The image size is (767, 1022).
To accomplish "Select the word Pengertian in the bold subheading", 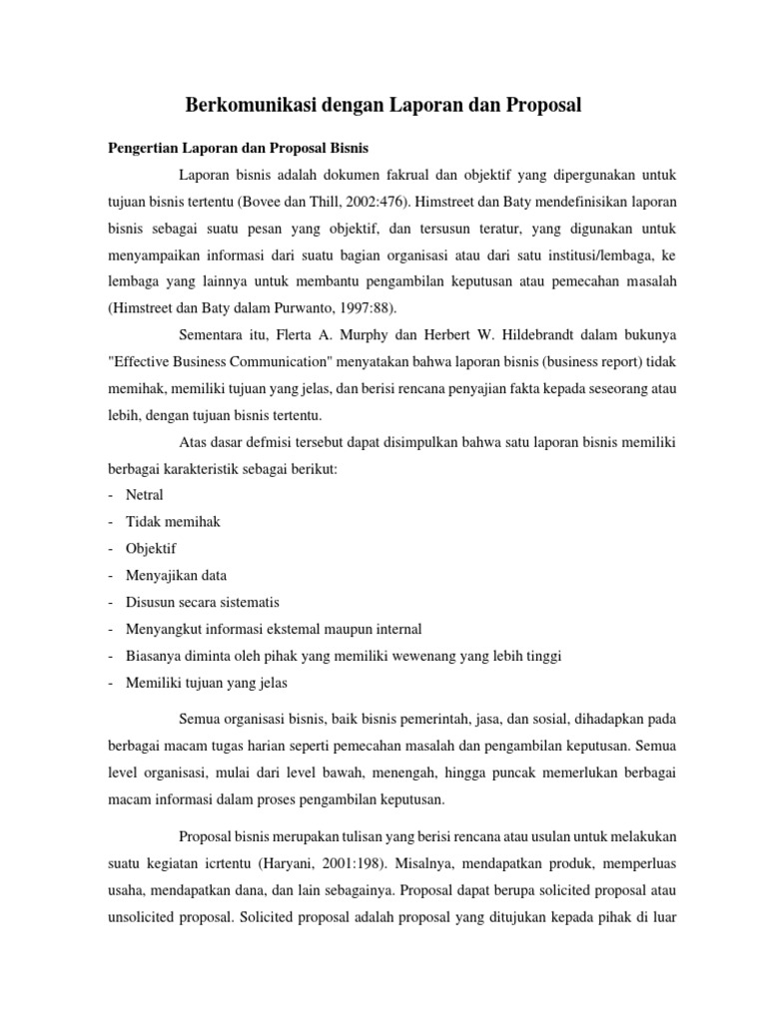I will click(x=141, y=149).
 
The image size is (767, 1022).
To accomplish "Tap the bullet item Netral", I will click(x=145, y=495).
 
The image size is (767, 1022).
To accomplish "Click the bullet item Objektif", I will click(x=151, y=549).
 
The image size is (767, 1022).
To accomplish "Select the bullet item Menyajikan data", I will click(x=176, y=576).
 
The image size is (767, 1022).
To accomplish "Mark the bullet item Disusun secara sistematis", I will click(x=203, y=603).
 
